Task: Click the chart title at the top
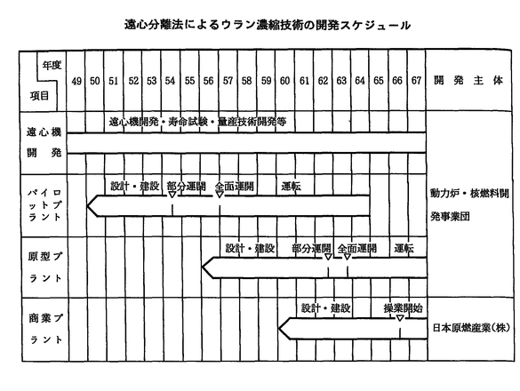pyautogui.click(x=268, y=25)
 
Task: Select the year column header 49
pyautogui.click(x=76, y=81)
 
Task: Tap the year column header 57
pyautogui.click(x=228, y=81)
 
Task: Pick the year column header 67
pyautogui.click(x=416, y=81)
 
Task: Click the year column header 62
pyautogui.click(x=323, y=81)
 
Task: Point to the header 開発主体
pyautogui.click(x=468, y=81)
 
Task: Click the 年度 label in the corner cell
pyautogui.click(x=52, y=65)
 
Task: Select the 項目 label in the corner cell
pyautogui.click(x=39, y=96)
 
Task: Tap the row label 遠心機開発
pyautogui.click(x=44, y=142)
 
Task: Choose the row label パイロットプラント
pyautogui.click(x=44, y=205)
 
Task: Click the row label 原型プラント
pyautogui.click(x=45, y=267)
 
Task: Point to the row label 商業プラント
pyautogui.click(x=45, y=329)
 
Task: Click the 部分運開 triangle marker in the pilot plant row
pyautogui.click(x=172, y=195)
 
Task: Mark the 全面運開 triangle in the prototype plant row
pyautogui.click(x=348, y=257)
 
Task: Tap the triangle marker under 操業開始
pyautogui.click(x=400, y=318)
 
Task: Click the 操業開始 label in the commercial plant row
pyautogui.click(x=404, y=308)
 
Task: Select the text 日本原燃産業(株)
pyautogui.click(x=471, y=328)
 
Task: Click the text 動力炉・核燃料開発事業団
pyautogui.click(x=469, y=205)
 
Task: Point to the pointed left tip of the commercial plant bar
pyautogui.click(x=279, y=329)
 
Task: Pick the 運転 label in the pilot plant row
pyautogui.click(x=292, y=187)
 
